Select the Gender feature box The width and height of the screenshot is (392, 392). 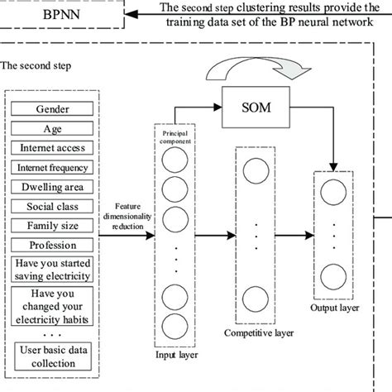[x=52, y=110]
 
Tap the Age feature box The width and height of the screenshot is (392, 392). [x=52, y=129]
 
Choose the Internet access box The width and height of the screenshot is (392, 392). [x=52, y=148]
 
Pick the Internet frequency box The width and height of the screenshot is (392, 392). [x=52, y=167]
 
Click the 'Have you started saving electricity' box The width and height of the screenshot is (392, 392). [x=52, y=268]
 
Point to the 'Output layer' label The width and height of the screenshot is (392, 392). [x=335, y=308]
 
